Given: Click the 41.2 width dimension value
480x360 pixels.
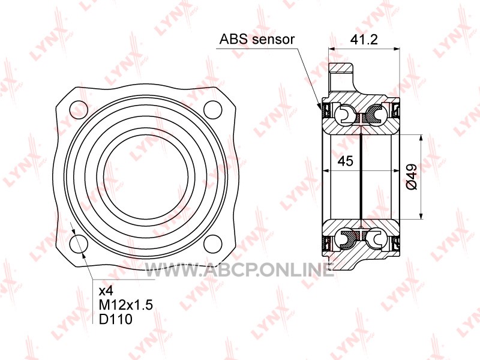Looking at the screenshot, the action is pyautogui.click(x=364, y=40).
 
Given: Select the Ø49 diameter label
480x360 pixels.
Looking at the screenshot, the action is pyautogui.click(x=412, y=177).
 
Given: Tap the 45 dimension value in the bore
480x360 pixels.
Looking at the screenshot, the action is pyautogui.click(x=346, y=161).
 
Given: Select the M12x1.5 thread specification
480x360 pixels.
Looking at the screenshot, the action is pyautogui.click(x=126, y=305).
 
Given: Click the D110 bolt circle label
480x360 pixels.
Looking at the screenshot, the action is pyautogui.click(x=116, y=319).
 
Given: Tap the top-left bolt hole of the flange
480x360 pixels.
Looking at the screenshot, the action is pyautogui.click(x=79, y=110).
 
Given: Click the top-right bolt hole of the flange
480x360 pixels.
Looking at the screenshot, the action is pyautogui.click(x=212, y=110).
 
